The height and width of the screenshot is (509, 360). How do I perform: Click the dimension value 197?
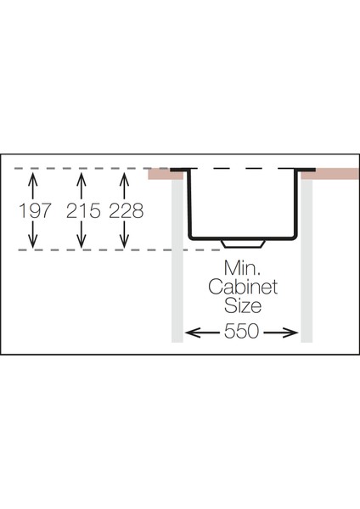35,210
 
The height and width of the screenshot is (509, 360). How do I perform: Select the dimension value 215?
83,210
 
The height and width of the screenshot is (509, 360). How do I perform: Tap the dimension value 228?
126,210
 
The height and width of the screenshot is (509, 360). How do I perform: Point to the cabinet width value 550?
241,331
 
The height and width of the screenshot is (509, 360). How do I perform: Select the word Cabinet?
243,287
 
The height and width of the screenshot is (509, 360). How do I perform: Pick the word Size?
243,305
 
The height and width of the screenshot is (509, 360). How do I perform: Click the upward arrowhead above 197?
32,179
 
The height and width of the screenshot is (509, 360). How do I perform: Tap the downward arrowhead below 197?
32,242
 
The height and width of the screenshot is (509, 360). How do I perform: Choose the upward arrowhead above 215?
82,179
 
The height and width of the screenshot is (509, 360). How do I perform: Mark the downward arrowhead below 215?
82,242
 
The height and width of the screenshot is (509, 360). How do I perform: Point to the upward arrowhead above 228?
124,179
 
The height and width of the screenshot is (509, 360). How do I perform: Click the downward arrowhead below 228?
124,242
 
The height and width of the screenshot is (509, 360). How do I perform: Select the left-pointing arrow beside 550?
202,333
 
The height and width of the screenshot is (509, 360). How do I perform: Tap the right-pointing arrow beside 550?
281,333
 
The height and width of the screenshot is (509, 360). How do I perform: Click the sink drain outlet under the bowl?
243,243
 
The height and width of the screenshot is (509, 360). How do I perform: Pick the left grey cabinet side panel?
177,260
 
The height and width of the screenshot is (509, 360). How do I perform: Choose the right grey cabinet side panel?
307,260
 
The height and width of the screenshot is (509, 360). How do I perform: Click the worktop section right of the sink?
330,174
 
